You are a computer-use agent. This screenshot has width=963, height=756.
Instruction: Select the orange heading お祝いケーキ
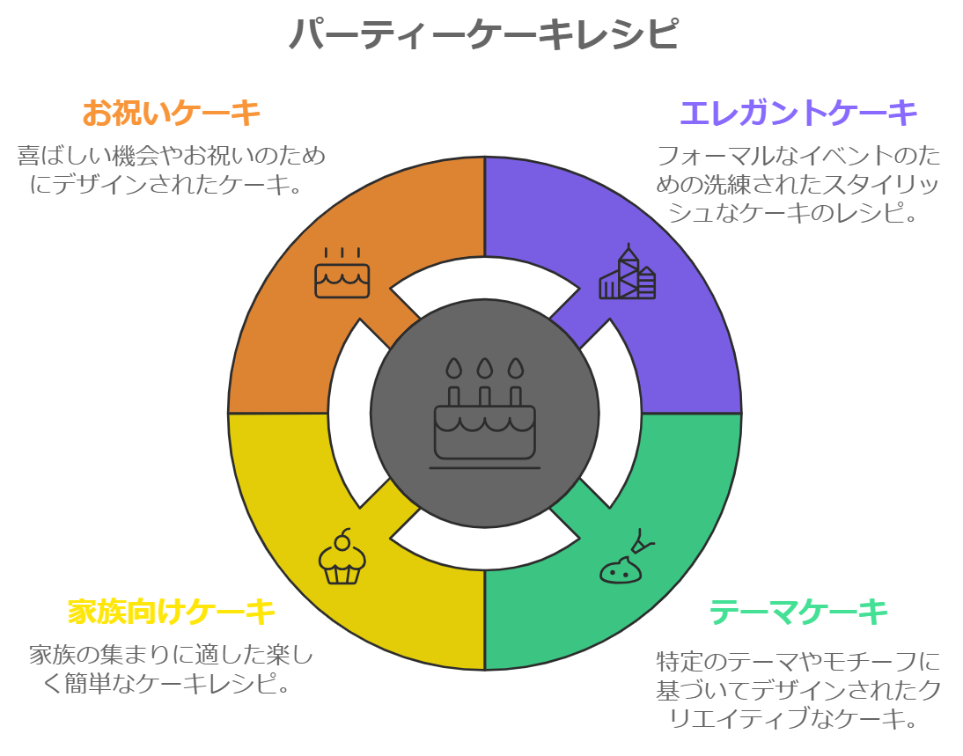click(x=172, y=114)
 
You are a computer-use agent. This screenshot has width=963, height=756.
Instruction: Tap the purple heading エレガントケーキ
click(x=798, y=114)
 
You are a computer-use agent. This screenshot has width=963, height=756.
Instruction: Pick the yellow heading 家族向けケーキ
click(x=172, y=611)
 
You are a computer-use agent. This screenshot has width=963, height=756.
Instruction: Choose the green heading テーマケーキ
click(x=798, y=611)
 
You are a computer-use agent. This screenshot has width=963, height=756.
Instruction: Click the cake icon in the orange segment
click(x=342, y=274)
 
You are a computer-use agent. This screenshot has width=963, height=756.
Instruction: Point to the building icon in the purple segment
click(x=628, y=273)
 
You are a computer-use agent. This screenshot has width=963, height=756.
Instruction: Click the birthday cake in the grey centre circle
click(x=484, y=422)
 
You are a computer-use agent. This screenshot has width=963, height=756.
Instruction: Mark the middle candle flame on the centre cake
click(x=484, y=367)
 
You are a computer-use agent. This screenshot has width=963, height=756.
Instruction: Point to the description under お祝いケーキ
click(x=172, y=170)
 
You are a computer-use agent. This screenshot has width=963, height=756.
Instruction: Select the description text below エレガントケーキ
click(x=798, y=184)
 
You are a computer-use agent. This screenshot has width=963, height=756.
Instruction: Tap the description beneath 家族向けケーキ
click(x=172, y=669)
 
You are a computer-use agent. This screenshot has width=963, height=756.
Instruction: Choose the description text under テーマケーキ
click(x=798, y=689)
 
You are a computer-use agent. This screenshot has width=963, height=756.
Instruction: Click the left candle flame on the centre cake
click(x=453, y=367)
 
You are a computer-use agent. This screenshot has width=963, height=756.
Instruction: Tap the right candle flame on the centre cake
click(x=516, y=367)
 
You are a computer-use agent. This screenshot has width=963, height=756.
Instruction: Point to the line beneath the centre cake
click(x=484, y=468)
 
